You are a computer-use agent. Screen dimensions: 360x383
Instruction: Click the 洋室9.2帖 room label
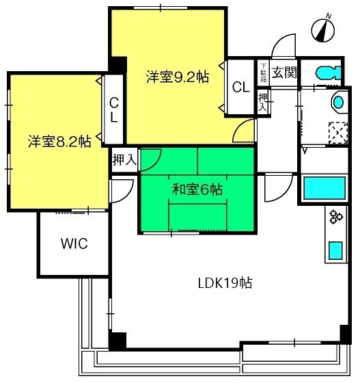[178, 77]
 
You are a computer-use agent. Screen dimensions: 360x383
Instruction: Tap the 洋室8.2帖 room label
[59, 142]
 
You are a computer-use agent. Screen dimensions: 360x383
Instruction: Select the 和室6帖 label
[197, 189]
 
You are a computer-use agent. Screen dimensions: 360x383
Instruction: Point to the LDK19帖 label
[225, 283]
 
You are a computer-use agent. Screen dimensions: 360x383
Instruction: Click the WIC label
[74, 243]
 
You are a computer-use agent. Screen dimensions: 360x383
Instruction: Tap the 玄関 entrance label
[284, 72]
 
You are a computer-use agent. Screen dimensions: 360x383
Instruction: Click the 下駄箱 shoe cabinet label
[264, 72]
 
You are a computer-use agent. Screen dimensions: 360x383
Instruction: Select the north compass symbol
[323, 29]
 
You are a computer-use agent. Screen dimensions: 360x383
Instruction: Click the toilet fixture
[328, 72]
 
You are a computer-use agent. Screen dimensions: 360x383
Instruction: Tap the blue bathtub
[324, 188]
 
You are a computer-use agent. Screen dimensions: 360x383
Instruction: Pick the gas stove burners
[336, 217]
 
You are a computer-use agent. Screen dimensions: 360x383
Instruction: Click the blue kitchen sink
[335, 250]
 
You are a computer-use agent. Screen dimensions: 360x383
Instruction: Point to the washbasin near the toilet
[338, 103]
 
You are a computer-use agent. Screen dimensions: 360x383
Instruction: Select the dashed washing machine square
[338, 133]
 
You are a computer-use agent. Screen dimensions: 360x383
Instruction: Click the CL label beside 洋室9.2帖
[241, 88]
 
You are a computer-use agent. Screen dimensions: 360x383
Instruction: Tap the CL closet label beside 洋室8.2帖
[114, 109]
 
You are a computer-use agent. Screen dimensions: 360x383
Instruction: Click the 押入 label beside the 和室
[124, 160]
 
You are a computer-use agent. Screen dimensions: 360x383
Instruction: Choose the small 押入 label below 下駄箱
[263, 102]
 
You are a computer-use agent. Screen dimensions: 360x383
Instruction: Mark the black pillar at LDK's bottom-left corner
[117, 341]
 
